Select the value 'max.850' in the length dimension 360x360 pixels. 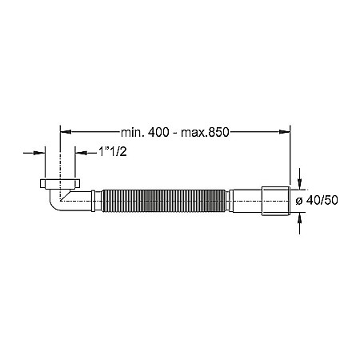click(204, 133)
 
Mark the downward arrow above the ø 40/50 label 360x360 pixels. click(300, 180)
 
